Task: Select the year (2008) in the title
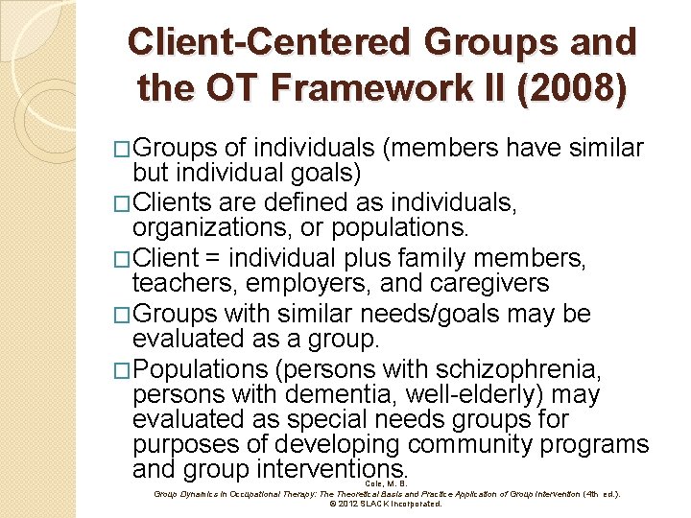(575, 88)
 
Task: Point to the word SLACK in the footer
(376, 503)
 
